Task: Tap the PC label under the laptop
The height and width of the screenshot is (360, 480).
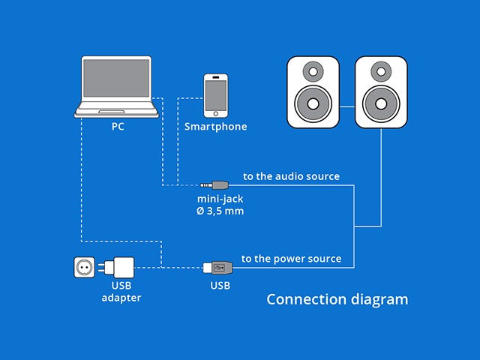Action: [x=118, y=127]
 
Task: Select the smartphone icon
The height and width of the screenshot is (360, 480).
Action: [x=216, y=94]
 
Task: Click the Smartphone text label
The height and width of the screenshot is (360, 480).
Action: [x=216, y=127]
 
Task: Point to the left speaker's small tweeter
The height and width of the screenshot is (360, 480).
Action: [x=313, y=73]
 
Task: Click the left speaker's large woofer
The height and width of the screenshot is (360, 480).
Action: [x=313, y=103]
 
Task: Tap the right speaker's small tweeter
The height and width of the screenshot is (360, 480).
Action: [x=380, y=73]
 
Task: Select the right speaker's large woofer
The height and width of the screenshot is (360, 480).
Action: [x=380, y=103]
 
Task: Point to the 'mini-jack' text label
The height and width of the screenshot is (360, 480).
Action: [x=220, y=199]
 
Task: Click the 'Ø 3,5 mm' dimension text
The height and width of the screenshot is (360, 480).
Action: [x=220, y=211]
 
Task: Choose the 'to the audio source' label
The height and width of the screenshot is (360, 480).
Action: [x=291, y=177]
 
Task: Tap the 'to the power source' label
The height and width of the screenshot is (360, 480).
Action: [x=291, y=259]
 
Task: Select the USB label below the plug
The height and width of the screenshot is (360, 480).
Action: [x=220, y=286]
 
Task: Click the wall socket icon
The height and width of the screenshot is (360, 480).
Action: [x=85, y=267]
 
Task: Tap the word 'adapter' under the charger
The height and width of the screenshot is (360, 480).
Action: [x=121, y=298]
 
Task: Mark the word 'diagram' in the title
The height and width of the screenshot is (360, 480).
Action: [x=379, y=300]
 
